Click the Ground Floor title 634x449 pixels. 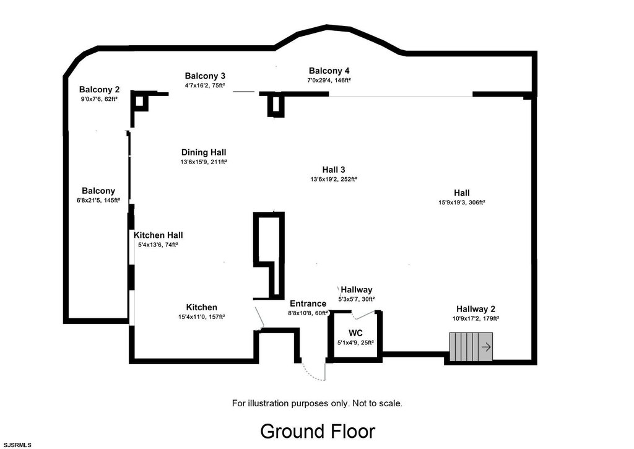pos(317,431)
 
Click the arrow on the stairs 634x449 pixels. pos(487,347)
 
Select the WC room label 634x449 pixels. pos(355,333)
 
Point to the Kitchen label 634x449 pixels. pos(202,307)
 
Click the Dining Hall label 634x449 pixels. pos(204,152)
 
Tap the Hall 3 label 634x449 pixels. pos(334,170)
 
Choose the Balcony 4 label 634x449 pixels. pos(329,71)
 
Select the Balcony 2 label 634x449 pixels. pos(99,89)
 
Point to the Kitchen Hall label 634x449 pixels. pos(158,235)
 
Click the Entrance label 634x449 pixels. pos(308,303)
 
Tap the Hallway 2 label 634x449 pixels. pos(475,309)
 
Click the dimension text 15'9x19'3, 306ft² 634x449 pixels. pos(461,203)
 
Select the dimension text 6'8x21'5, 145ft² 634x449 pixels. pos(98,201)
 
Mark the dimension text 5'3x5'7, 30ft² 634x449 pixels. pos(356,299)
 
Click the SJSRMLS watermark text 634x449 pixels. pos(16,445)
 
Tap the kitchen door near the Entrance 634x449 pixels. pos(260,317)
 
